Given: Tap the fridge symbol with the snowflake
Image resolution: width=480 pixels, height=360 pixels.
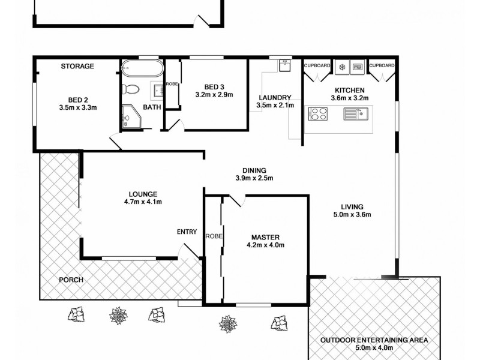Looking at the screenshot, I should pyautogui.click(x=343, y=67).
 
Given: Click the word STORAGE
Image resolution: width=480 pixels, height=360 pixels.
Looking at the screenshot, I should pyautogui.click(x=77, y=66).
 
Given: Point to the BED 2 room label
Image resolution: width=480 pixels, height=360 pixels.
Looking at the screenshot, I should pyautogui.click(x=78, y=100).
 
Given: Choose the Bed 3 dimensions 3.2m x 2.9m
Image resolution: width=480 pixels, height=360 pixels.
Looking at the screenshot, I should pyautogui.click(x=214, y=95).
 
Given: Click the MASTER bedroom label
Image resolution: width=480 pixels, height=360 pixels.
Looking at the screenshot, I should pyautogui.click(x=265, y=236).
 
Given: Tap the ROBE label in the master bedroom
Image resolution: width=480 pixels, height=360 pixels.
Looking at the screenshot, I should pyautogui.click(x=214, y=236).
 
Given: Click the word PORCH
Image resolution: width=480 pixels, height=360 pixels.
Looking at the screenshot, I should pyautogui.click(x=71, y=280).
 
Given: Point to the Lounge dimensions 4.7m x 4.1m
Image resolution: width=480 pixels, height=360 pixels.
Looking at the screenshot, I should pyautogui.click(x=143, y=202).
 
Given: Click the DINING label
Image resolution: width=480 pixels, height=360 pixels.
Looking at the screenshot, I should pyautogui.click(x=254, y=170).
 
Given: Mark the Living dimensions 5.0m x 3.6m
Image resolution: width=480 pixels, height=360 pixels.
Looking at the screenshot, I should pyautogui.click(x=353, y=215).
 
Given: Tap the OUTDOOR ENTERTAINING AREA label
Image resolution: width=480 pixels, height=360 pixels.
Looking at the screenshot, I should pyautogui.click(x=374, y=340).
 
